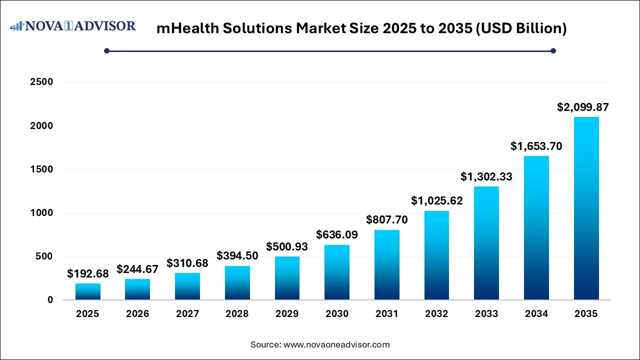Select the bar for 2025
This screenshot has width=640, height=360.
(87, 291)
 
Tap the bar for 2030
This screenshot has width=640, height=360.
(337, 272)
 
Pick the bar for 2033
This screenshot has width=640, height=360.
(486, 243)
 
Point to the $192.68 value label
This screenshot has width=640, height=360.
(87, 273)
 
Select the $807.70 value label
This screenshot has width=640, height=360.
(386, 219)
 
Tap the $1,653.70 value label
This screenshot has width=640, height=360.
(536, 146)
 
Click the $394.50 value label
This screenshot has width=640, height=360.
(237, 255)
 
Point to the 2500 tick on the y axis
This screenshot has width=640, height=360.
(42, 82)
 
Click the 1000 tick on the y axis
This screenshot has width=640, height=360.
(42, 213)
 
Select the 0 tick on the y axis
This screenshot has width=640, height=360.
(50, 300)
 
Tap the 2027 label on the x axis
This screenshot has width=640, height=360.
(187, 314)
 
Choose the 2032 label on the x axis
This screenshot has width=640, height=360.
(436, 314)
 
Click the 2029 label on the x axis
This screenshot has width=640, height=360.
(287, 314)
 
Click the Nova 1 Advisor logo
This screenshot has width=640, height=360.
(73, 26)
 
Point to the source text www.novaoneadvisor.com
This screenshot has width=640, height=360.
(336, 344)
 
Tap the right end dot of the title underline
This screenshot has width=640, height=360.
(553, 50)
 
